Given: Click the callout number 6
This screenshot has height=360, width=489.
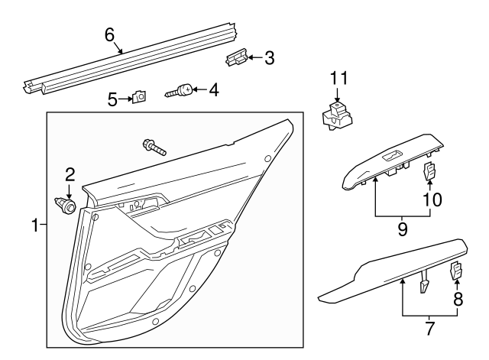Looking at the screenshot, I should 109,34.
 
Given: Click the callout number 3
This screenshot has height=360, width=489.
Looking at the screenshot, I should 269,57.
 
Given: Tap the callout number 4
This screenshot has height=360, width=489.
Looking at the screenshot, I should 213,90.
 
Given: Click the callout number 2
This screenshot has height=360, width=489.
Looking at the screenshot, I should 69,174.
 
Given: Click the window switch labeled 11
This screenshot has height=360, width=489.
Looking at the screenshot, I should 337,117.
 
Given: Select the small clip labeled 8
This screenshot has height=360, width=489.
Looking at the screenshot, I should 456,271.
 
